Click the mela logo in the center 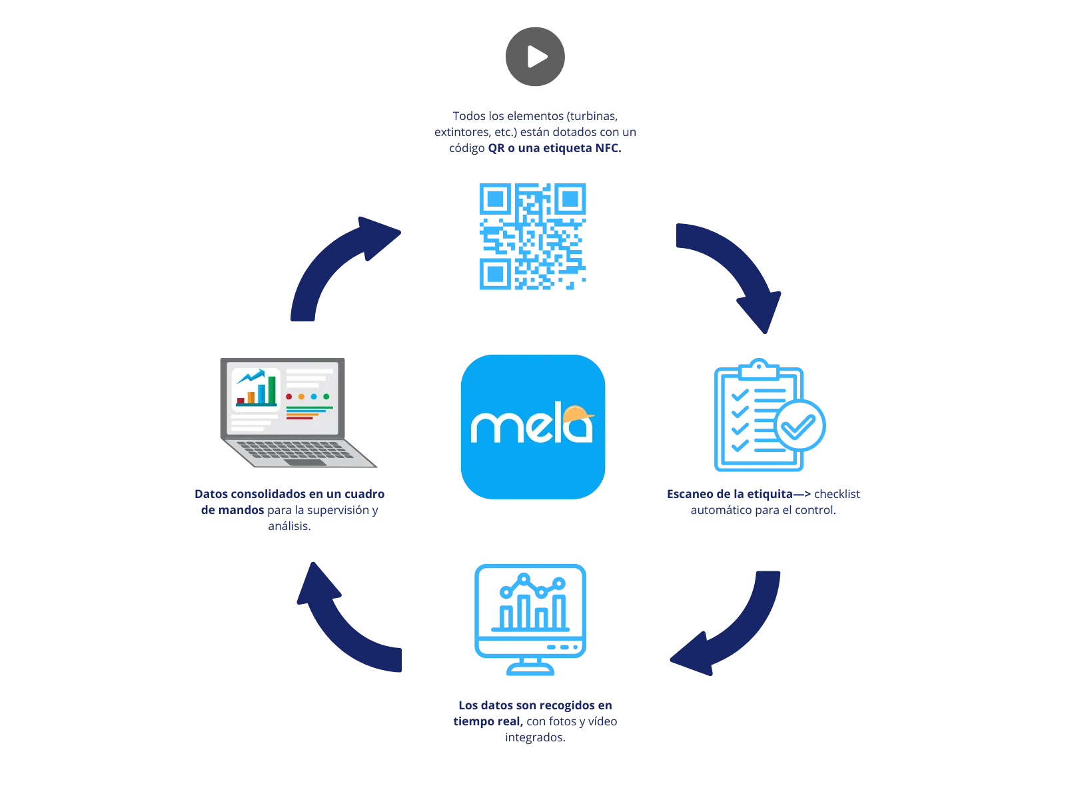coord(532,427)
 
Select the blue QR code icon coord(531,237)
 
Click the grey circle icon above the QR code coord(533,57)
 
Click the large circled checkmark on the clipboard coord(801,425)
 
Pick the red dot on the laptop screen coord(289,397)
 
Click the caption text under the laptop coord(290,510)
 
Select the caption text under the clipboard coord(764,503)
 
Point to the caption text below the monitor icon coord(535,722)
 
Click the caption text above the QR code coord(535,132)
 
